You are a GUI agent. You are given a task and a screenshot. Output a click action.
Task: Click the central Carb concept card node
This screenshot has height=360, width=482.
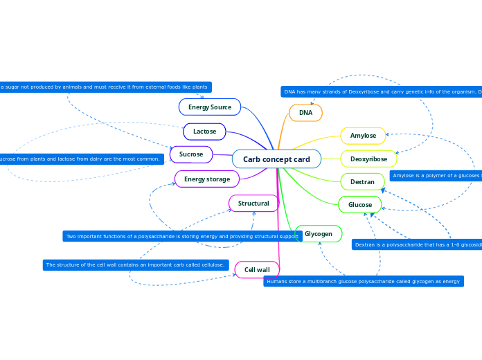(276, 159)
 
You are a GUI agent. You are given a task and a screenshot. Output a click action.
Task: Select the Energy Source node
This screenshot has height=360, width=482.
(210, 107)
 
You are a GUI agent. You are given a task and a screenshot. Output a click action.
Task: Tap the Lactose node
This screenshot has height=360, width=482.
(204, 132)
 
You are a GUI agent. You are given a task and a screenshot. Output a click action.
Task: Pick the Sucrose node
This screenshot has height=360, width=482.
(191, 154)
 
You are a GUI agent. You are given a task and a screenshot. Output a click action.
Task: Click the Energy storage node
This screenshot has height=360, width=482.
(207, 179)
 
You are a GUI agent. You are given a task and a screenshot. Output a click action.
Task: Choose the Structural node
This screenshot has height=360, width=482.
(253, 204)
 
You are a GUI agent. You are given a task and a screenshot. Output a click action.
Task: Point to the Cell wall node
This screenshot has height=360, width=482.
(257, 269)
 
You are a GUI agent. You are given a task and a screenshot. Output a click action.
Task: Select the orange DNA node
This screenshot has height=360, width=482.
(305, 112)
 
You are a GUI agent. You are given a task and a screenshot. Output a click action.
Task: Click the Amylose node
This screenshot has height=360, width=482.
(363, 136)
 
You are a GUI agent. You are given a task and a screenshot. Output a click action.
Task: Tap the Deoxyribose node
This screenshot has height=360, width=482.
(368, 159)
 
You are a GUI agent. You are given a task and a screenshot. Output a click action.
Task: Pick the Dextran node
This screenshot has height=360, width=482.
(362, 182)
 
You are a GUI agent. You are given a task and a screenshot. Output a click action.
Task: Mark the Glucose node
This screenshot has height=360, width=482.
(360, 205)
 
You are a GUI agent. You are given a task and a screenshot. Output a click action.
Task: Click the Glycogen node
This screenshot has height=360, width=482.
(319, 234)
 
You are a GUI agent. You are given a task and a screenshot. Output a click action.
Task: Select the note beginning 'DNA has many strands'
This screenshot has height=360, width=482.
(381, 91)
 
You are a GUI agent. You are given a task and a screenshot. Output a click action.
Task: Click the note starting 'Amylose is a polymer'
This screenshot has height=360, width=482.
(436, 176)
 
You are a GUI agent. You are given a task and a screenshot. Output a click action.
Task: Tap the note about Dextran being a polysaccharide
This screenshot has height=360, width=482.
(416, 244)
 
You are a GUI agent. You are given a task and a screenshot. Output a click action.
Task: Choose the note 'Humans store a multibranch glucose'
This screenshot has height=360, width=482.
(364, 281)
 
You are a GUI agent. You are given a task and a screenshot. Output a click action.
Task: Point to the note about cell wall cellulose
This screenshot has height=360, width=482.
(136, 264)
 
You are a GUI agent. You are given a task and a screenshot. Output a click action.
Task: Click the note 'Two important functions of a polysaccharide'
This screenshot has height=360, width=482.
(182, 236)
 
